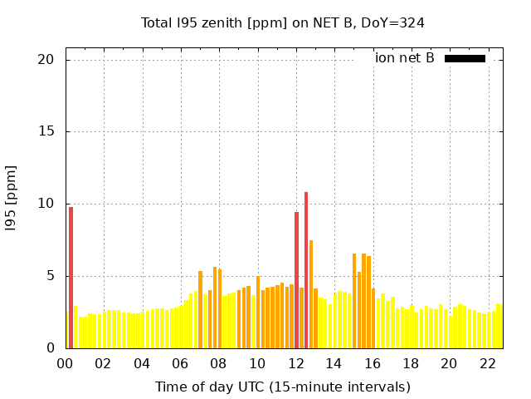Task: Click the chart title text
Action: tap(283, 22)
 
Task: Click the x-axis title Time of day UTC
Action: tap(283, 387)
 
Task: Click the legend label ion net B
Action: tap(404, 58)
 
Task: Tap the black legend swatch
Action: tap(465, 58)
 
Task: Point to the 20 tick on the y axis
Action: tap(45, 60)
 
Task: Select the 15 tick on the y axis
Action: tap(45, 132)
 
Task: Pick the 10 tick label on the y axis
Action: tap(45, 204)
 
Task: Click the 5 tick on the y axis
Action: tap(49, 276)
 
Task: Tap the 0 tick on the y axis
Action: tap(49, 348)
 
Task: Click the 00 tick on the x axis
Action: tap(66, 363)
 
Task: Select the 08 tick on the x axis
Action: tap(218, 363)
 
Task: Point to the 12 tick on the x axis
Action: tap(295, 363)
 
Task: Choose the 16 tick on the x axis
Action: tap(372, 363)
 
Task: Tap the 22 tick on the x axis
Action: tap(487, 363)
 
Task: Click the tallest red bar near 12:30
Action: tap(306, 270)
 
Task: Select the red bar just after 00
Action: tap(71, 278)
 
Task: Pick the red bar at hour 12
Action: tap(296, 280)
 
